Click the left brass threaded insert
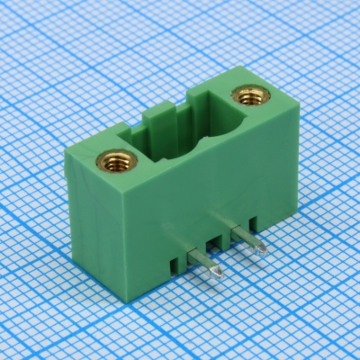[x=114, y=162]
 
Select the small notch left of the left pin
[x=172, y=265]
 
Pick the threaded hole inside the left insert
[x=114, y=163]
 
